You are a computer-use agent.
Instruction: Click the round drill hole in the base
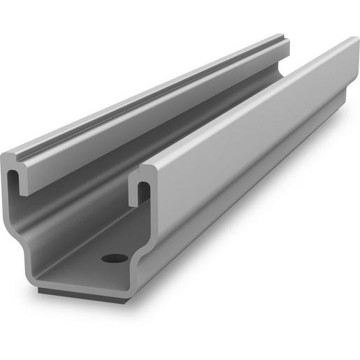(x=115, y=258)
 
